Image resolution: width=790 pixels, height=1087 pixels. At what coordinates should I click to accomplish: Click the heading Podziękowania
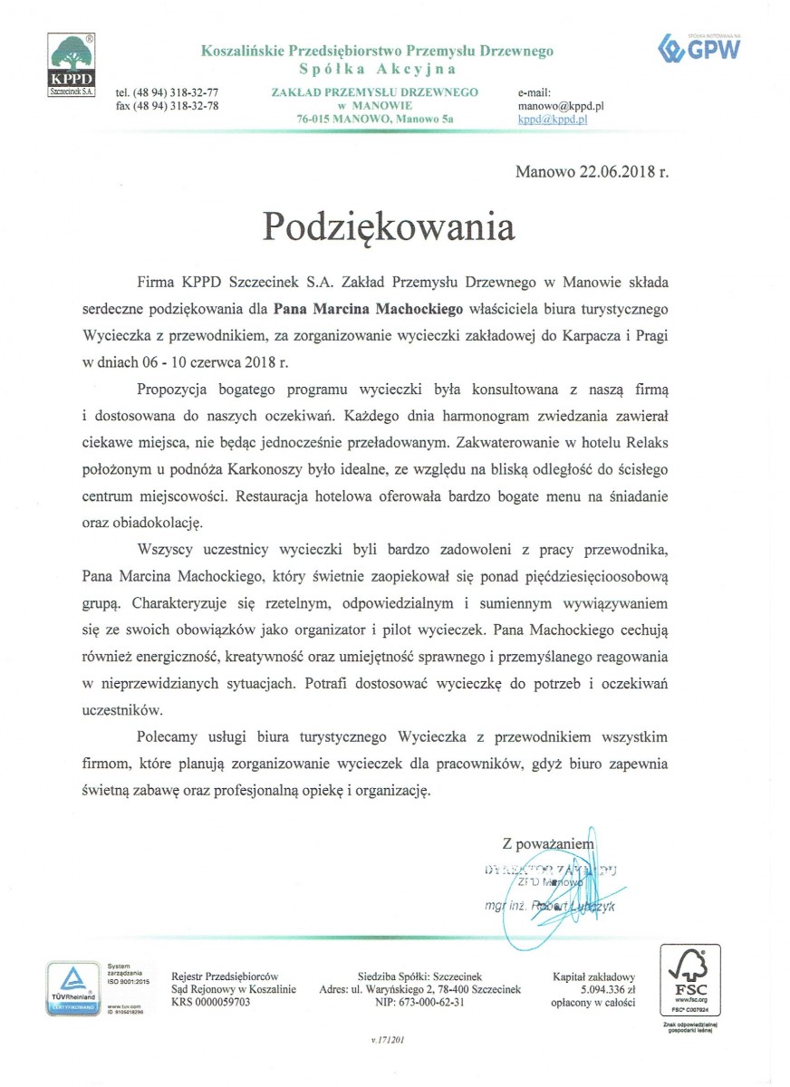(x=389, y=226)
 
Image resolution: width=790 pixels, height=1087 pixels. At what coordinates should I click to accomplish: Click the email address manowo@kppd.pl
(x=561, y=106)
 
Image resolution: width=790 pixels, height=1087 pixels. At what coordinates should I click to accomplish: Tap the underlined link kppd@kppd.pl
(x=554, y=119)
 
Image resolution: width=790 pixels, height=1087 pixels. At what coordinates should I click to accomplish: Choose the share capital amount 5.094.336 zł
(x=596, y=990)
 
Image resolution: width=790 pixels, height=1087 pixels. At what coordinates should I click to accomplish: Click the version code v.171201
(x=388, y=1041)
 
